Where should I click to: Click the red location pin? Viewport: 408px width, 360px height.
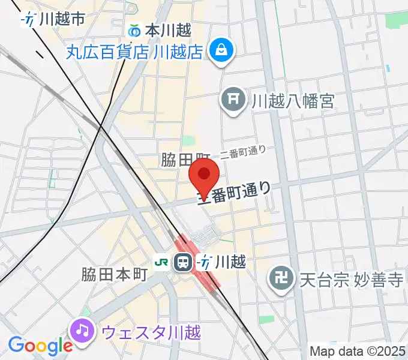204,176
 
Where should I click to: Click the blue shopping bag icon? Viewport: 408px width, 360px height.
221,49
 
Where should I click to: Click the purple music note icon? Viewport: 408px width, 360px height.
82,329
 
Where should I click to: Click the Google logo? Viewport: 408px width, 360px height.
40,346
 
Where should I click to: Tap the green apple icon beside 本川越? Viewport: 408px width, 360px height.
135,29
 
